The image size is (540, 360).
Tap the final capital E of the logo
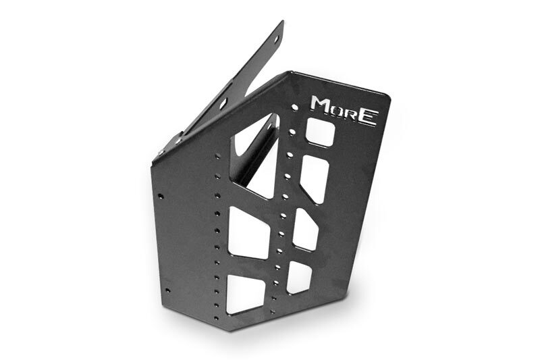point(367,117)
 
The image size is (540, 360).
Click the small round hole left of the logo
point(294,107)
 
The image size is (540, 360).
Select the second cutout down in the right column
point(314,179)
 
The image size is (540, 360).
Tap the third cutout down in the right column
point(305,229)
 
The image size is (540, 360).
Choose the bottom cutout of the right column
point(299,277)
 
